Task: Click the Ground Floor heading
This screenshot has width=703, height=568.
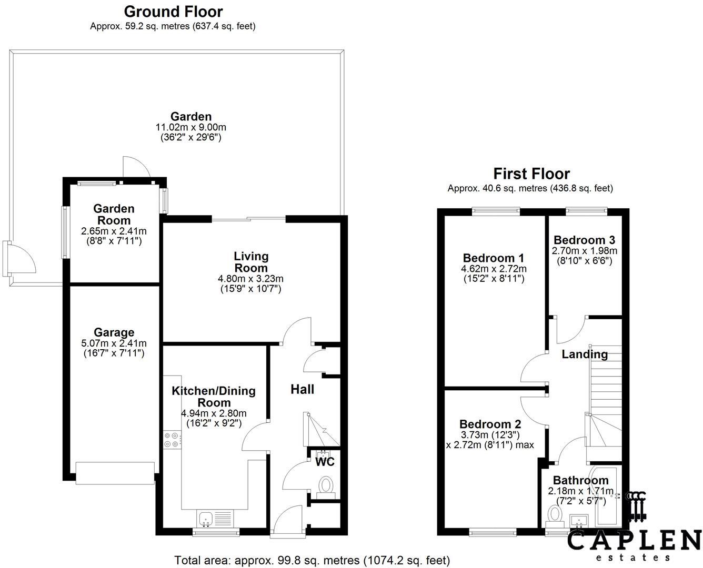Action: coord(173,11)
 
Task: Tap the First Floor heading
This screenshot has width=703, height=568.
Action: coord(531,174)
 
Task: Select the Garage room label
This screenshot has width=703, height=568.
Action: coord(114,332)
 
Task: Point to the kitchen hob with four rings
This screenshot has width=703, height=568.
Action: coord(172,440)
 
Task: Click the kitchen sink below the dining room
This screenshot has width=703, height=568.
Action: coord(205,518)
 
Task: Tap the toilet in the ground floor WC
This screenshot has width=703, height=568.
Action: coord(326,485)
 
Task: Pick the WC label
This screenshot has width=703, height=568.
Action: coord(325,462)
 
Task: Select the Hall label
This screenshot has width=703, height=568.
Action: coord(302,389)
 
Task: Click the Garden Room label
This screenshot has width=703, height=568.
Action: coord(114,215)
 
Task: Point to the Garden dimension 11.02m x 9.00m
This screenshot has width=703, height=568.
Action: coord(190,127)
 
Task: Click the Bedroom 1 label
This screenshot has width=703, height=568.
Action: coord(493,258)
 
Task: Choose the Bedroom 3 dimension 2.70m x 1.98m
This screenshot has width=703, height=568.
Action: coord(584,251)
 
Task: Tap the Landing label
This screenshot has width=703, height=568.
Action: coord(584,354)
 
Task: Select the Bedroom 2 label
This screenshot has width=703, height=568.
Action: coord(490,424)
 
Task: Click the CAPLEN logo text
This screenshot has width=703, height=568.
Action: coord(634,541)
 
